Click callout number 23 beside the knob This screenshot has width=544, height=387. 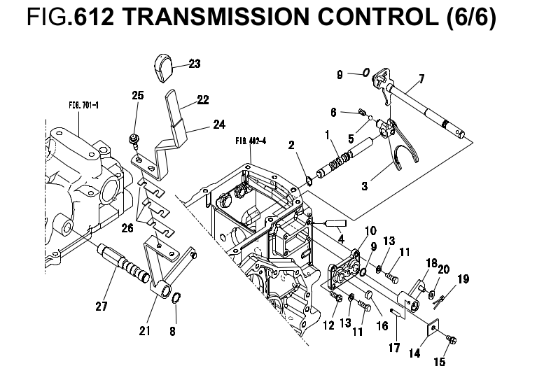pos(194,64)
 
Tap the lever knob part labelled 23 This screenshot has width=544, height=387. pos(166,70)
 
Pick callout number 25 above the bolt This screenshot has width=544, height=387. pos(137,95)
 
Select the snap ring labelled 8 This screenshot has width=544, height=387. pos(176,302)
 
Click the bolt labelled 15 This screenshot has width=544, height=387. pos(452,340)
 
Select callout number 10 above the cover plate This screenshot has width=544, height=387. pos(370,230)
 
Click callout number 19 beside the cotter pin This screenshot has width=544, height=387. pos(463,279)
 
